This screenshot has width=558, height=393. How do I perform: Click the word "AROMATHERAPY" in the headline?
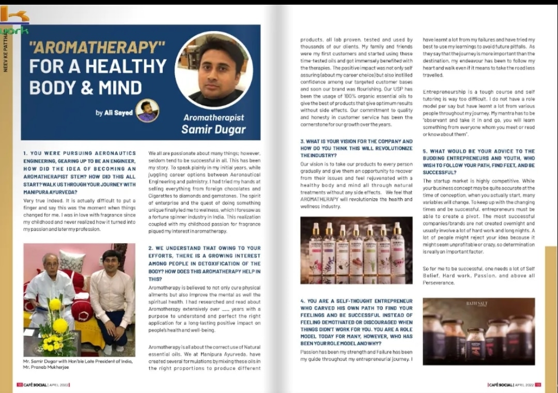pos(97,48)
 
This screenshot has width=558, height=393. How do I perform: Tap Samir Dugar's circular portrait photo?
pos(213,70)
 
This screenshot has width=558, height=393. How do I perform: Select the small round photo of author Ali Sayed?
pos(147,111)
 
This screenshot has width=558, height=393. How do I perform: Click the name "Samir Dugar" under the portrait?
pos(213,129)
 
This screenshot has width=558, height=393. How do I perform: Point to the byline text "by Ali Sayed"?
pos(114,113)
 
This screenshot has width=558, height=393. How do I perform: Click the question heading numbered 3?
pos(356,148)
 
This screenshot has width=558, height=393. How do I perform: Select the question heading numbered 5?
pos(478,162)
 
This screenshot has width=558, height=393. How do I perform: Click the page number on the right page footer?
pos(538,384)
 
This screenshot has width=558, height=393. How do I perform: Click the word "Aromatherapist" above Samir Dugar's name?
pos(213,117)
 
